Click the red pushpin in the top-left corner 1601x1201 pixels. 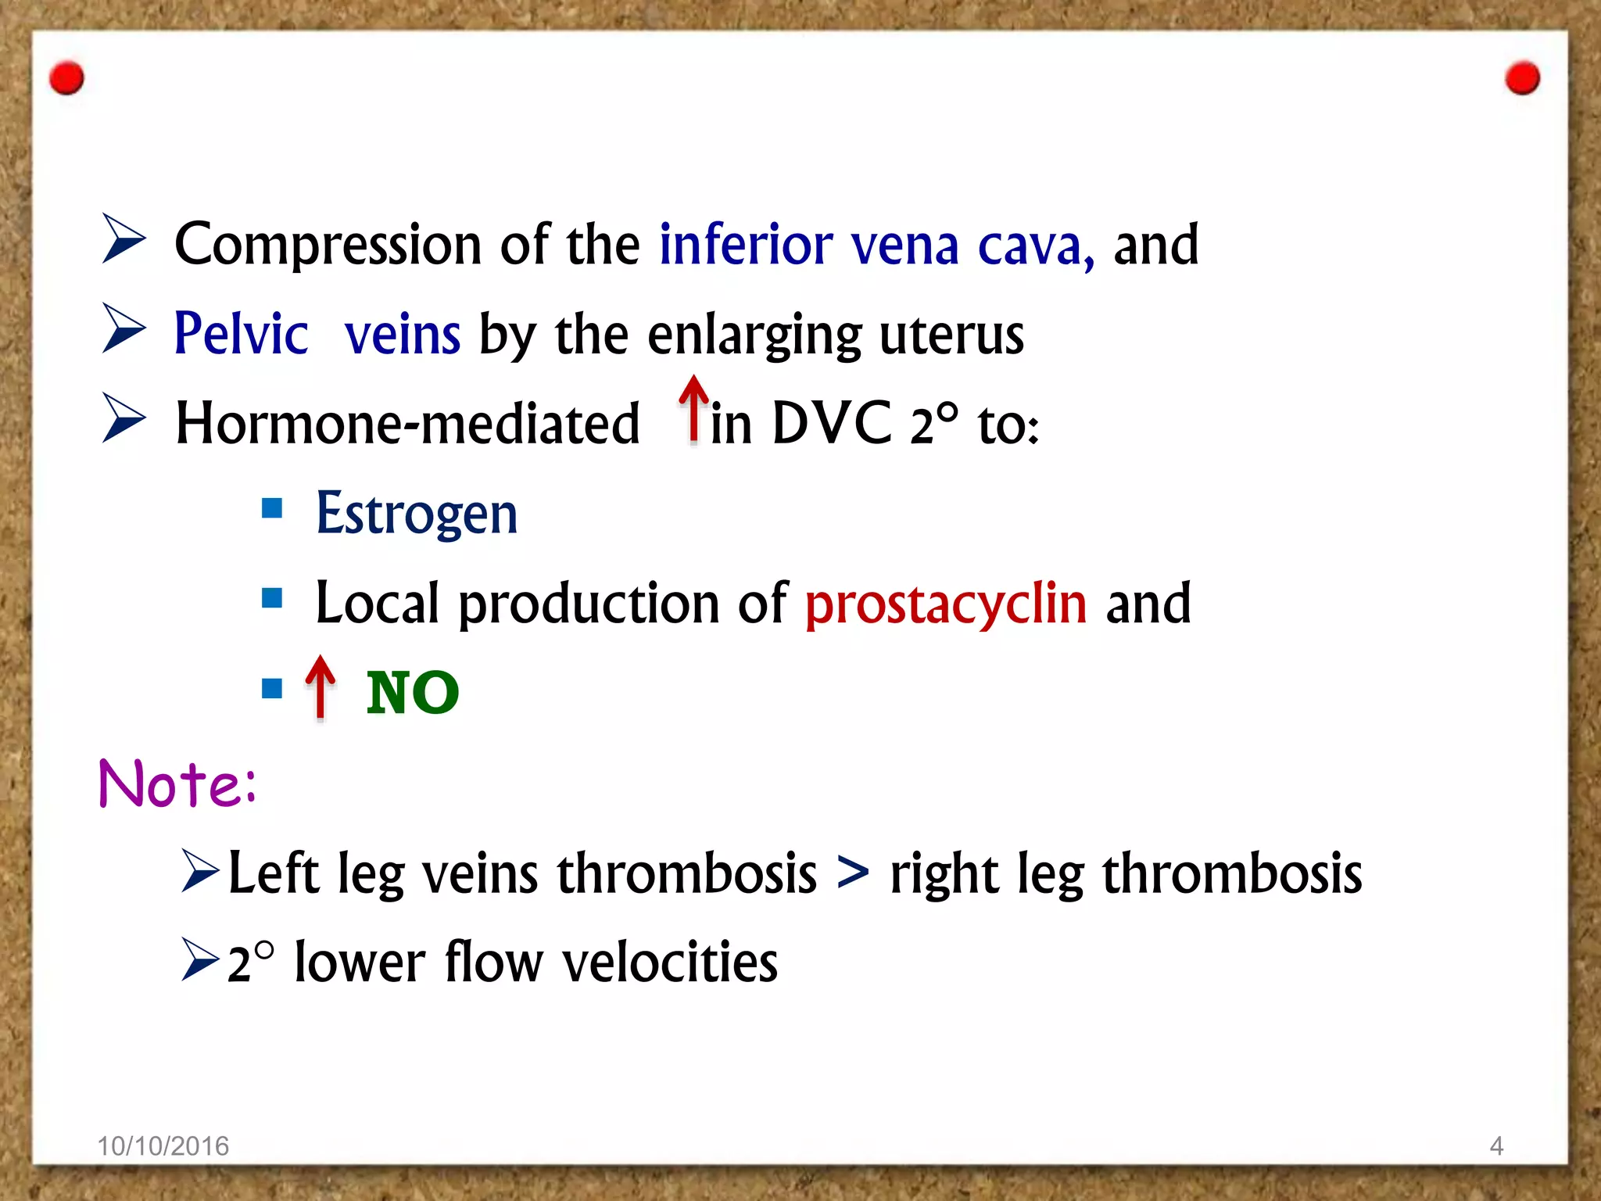pyautogui.click(x=66, y=78)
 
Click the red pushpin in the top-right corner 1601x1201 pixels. pyautogui.click(x=1522, y=78)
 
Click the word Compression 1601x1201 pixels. pyautogui.click(x=327, y=246)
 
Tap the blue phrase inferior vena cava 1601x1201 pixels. pyautogui.click(x=876, y=246)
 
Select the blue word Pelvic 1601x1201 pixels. pyautogui.click(x=241, y=335)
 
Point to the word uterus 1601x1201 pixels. pyautogui.click(x=951, y=335)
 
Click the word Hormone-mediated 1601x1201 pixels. pyautogui.click(x=407, y=424)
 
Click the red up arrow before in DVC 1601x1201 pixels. pyautogui.click(x=693, y=408)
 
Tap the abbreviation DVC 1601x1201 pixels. pyautogui.click(x=831, y=424)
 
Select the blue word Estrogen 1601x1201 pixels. pyautogui.click(x=416, y=514)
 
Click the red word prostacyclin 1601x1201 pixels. pyautogui.click(x=945, y=604)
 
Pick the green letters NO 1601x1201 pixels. pyautogui.click(x=412, y=693)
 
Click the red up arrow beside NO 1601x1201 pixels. pyautogui.click(x=320, y=687)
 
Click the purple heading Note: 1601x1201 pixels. pyautogui.click(x=177, y=783)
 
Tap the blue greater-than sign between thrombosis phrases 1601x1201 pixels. pyautogui.click(x=852, y=873)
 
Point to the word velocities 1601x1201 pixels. pyautogui.click(x=670, y=962)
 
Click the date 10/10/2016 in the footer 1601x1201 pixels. pyautogui.click(x=163, y=1146)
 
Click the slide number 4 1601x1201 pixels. pyautogui.click(x=1496, y=1146)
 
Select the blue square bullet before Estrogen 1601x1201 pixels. pyautogui.click(x=272, y=509)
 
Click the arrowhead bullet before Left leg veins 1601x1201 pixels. pyautogui.click(x=199, y=871)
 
